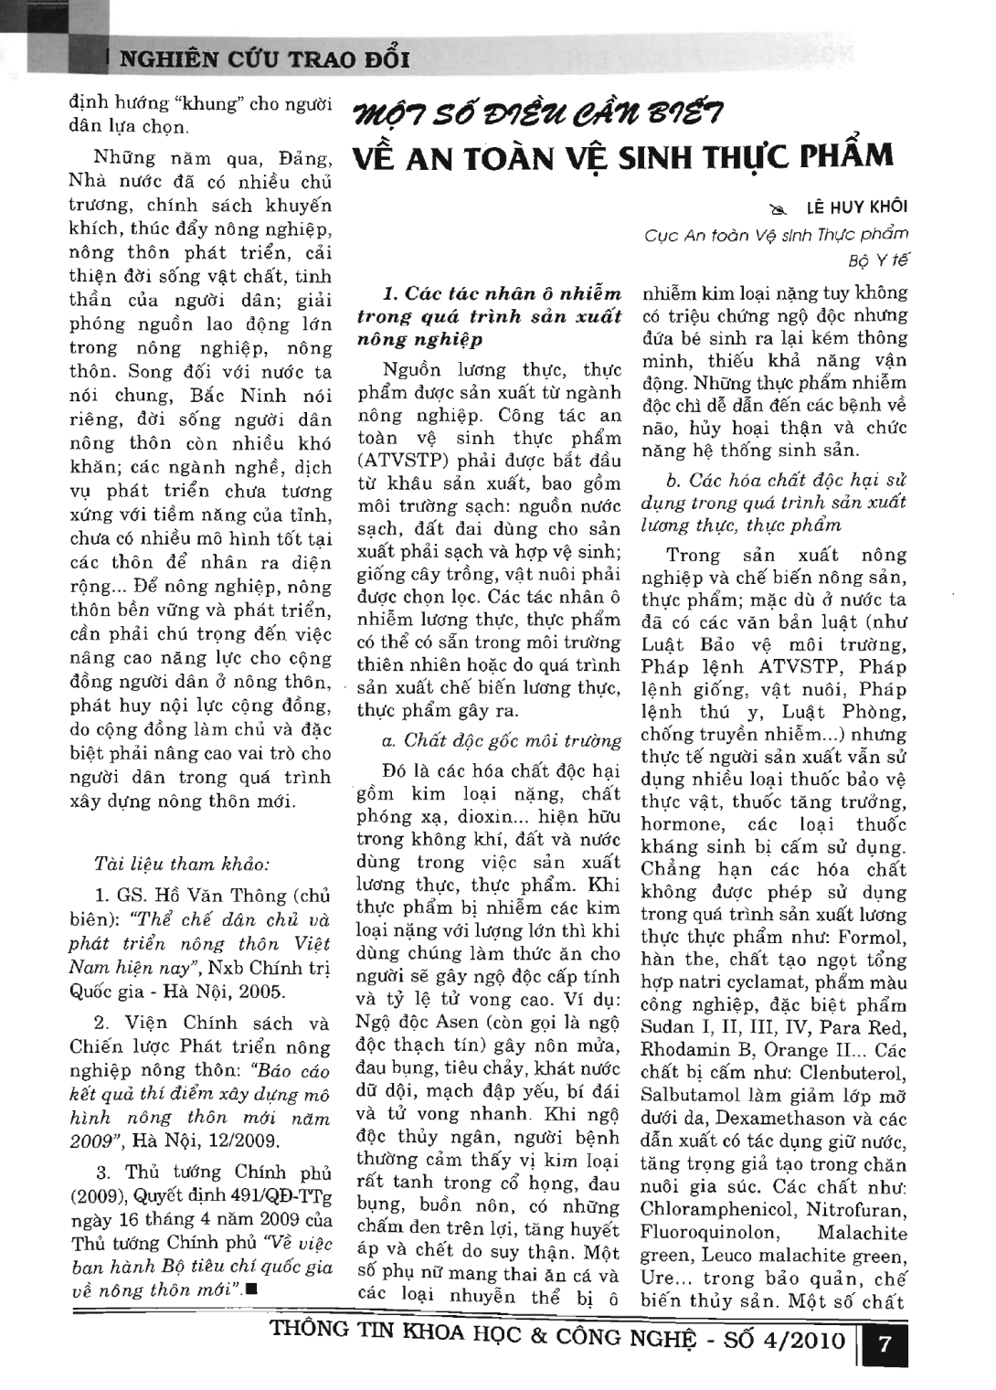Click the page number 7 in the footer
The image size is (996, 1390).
click(x=884, y=1345)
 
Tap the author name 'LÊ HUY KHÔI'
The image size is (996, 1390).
click(x=856, y=207)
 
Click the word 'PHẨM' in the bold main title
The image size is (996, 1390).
click(x=845, y=156)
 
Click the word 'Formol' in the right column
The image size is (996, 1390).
click(x=872, y=938)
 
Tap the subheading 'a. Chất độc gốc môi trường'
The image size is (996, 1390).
click(x=502, y=740)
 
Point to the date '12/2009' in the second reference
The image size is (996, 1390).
click(x=247, y=1141)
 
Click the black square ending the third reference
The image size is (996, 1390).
click(x=250, y=1290)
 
